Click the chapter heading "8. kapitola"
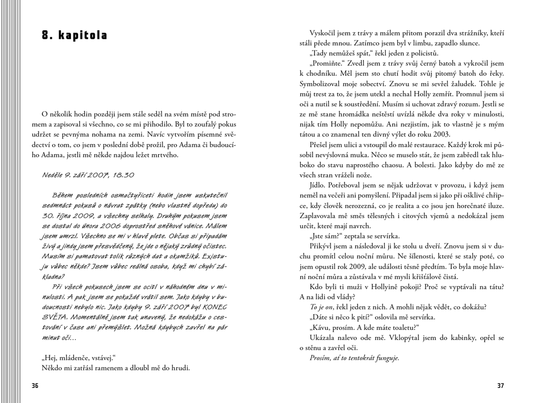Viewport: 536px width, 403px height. click(x=75, y=36)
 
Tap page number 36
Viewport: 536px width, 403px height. click(x=35, y=386)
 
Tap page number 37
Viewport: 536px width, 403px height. click(x=500, y=386)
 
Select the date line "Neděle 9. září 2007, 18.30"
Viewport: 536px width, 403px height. click(x=88, y=175)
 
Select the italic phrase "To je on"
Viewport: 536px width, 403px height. click(x=321, y=307)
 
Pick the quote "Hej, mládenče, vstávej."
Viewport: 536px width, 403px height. click(x=79, y=358)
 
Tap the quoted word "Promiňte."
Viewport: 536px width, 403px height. click(x=327, y=64)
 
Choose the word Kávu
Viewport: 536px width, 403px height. click(x=323, y=327)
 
